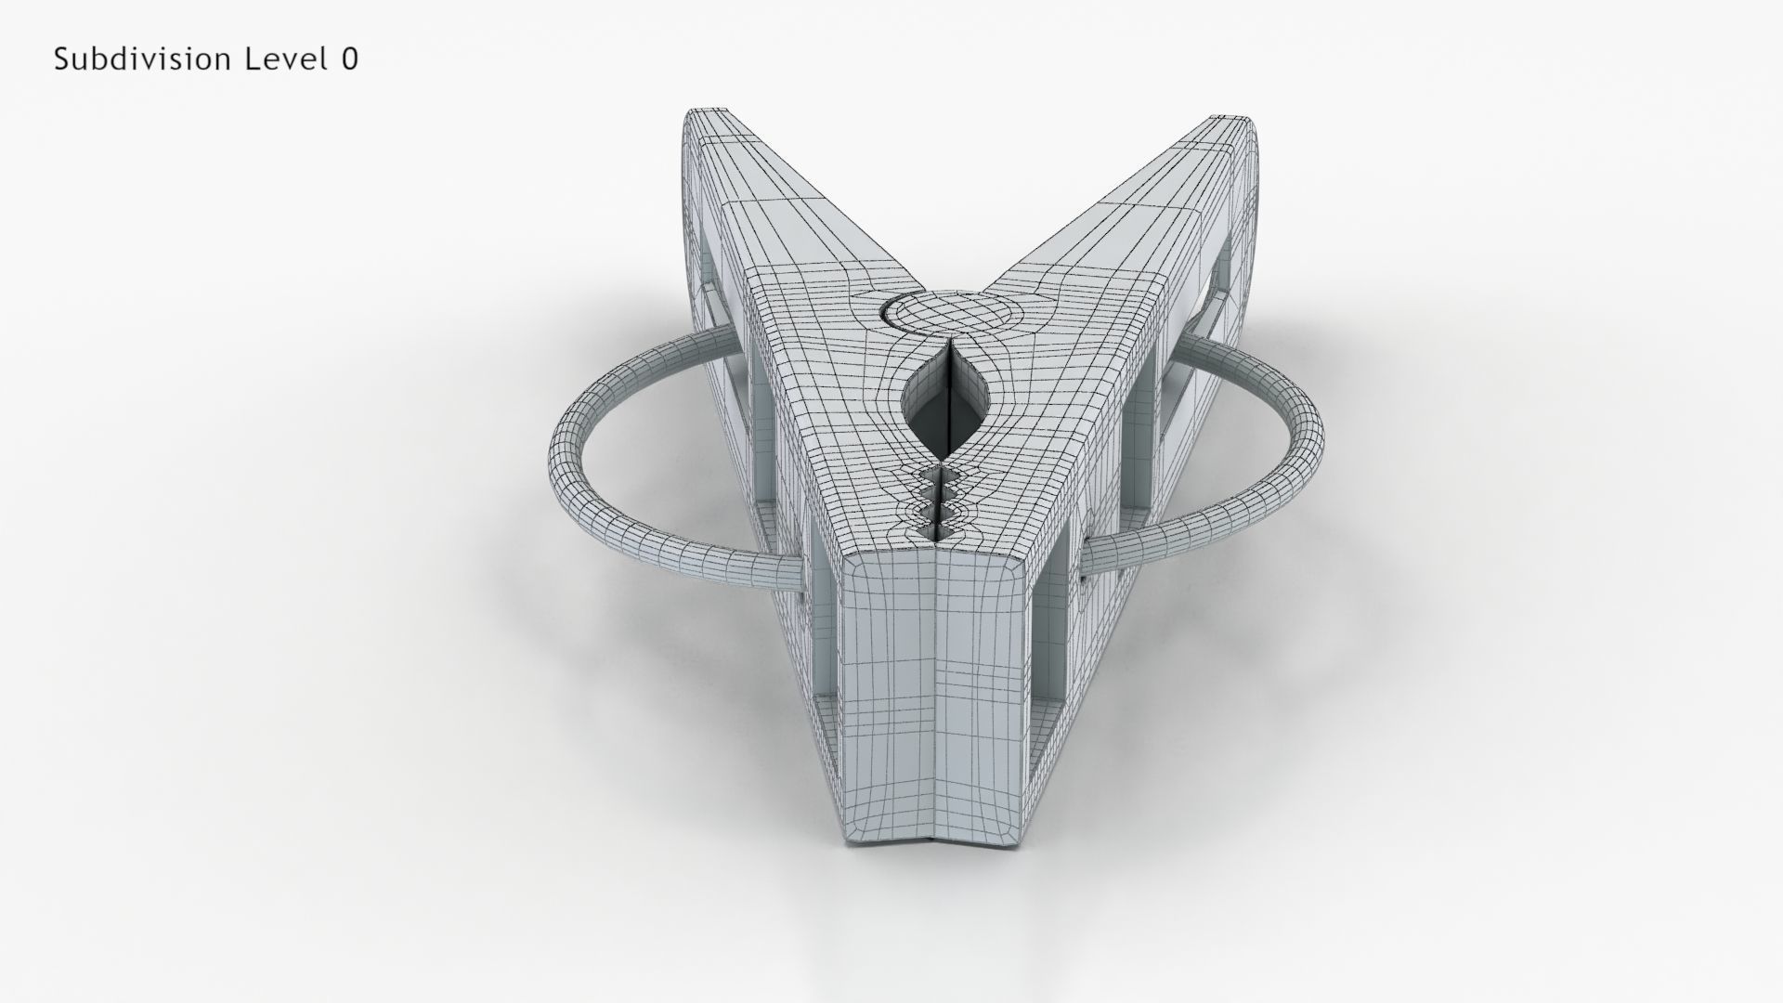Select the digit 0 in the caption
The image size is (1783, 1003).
click(349, 59)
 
